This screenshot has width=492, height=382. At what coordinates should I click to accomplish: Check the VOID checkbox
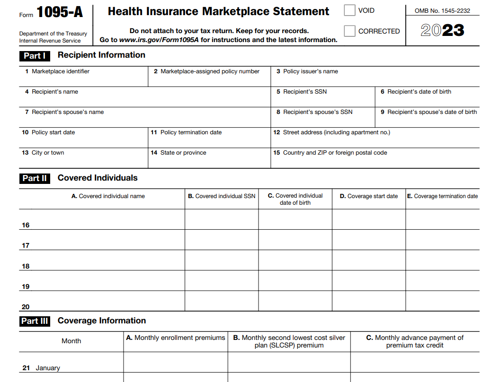tap(349, 10)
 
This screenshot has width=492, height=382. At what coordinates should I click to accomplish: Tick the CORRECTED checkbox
tap(349, 31)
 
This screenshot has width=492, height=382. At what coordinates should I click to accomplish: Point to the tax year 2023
tap(442, 31)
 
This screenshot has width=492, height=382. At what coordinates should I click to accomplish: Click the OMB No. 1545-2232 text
tap(442, 10)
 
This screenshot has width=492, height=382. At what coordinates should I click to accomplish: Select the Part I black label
tap(35, 56)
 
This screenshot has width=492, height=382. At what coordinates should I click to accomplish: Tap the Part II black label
tap(35, 178)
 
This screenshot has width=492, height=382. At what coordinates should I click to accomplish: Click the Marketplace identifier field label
tap(60, 71)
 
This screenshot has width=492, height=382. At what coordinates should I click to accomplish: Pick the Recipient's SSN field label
tap(304, 92)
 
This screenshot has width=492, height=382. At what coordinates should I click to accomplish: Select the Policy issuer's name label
tap(310, 71)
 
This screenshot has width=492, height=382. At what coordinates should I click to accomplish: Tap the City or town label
tap(47, 153)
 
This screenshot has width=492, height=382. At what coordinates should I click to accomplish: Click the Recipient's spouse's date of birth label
tap(432, 112)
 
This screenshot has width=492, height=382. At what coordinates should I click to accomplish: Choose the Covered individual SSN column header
tap(222, 196)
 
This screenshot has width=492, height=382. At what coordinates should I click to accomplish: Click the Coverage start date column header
tap(369, 196)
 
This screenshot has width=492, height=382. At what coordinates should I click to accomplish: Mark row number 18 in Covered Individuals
tap(26, 266)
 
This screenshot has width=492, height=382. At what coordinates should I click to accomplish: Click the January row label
tap(47, 368)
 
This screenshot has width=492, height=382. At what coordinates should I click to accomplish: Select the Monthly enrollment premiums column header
tap(176, 338)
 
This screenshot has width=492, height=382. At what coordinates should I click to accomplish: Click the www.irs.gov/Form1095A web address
tap(159, 40)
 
